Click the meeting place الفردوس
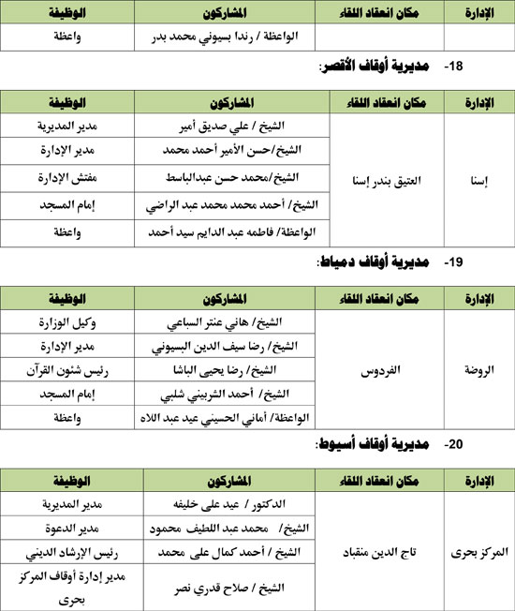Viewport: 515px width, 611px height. (378, 370)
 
